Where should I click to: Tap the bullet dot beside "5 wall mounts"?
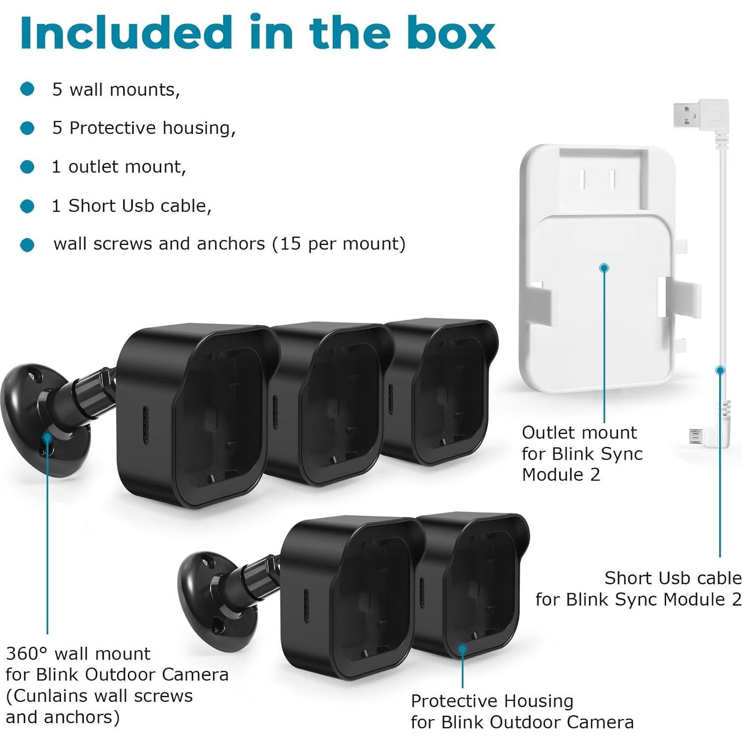coord(27,89)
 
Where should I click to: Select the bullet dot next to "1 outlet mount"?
coord(27,167)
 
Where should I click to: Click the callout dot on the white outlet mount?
coord(604,268)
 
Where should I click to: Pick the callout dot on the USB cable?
coord(720,370)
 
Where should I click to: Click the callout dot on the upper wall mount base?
coord(47,437)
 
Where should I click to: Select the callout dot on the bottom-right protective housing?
coord(462,648)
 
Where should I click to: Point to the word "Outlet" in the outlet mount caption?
coord(545,433)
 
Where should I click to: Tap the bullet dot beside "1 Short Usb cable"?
coord(27,206)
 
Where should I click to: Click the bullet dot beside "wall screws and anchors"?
coord(27,245)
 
